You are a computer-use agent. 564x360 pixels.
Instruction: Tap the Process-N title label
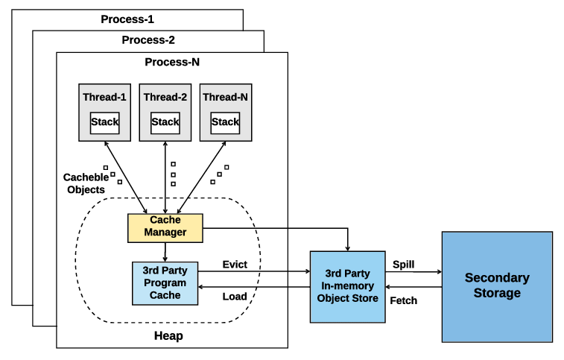click(x=171, y=62)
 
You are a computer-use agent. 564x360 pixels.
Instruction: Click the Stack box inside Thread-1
click(x=105, y=122)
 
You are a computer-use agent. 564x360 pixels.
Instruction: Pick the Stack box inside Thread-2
click(x=165, y=122)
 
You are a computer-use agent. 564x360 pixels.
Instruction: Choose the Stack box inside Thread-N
click(x=225, y=122)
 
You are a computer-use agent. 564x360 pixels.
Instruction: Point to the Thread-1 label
click(x=105, y=98)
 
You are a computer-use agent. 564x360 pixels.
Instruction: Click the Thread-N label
click(x=225, y=98)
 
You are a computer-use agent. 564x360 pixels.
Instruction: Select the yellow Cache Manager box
click(x=165, y=227)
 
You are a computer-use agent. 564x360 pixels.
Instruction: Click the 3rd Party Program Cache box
click(x=165, y=284)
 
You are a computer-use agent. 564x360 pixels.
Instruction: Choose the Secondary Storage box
click(x=497, y=286)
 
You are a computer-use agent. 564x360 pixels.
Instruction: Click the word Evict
click(x=235, y=265)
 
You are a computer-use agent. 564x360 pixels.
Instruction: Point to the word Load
click(x=235, y=297)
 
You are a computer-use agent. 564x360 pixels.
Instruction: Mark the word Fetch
click(x=404, y=300)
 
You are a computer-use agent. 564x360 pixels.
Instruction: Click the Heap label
click(x=167, y=336)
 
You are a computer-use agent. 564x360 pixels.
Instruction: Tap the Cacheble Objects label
click(x=84, y=183)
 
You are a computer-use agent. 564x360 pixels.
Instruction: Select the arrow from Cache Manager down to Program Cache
click(x=165, y=251)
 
